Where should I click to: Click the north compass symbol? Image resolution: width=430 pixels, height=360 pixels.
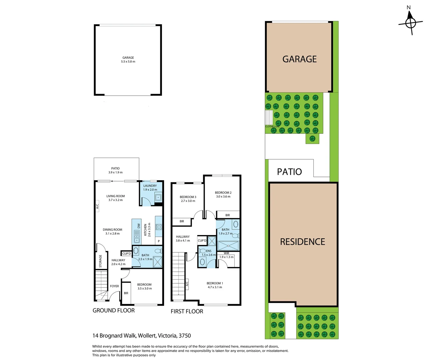tap(410, 23)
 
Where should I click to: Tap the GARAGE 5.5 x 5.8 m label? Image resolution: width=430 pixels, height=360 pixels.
tap(128, 60)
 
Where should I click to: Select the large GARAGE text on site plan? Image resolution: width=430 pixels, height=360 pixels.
tap(299, 59)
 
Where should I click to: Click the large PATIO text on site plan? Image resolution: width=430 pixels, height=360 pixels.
tap(289, 172)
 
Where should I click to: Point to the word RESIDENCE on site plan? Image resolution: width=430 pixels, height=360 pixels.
tap(302, 242)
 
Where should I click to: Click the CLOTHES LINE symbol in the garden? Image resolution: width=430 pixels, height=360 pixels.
tap(269, 118)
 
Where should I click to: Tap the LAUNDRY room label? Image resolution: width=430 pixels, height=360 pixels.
tap(150, 188)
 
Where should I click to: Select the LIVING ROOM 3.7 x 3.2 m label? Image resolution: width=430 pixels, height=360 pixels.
tap(115, 198)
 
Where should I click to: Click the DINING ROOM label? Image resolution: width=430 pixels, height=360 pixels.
tap(112, 231)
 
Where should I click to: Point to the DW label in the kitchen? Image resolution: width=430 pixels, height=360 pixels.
tap(139, 226)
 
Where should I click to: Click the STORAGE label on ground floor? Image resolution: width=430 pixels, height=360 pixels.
tap(100, 261)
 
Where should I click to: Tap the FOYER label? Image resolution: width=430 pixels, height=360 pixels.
tap(114, 286)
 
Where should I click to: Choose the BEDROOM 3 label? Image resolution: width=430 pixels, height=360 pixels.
tap(188, 199)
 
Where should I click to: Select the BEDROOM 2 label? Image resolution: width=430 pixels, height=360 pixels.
tap(223, 194)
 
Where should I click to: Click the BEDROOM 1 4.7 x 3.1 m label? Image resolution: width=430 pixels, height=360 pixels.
tap(215, 285)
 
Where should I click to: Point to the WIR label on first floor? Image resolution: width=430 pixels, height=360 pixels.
tap(226, 253)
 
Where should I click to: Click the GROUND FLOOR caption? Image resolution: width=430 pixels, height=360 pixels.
tap(113, 310)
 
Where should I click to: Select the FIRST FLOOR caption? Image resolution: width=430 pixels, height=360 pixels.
tap(187, 311)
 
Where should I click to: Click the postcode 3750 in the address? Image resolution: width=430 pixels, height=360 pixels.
tap(185, 336)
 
